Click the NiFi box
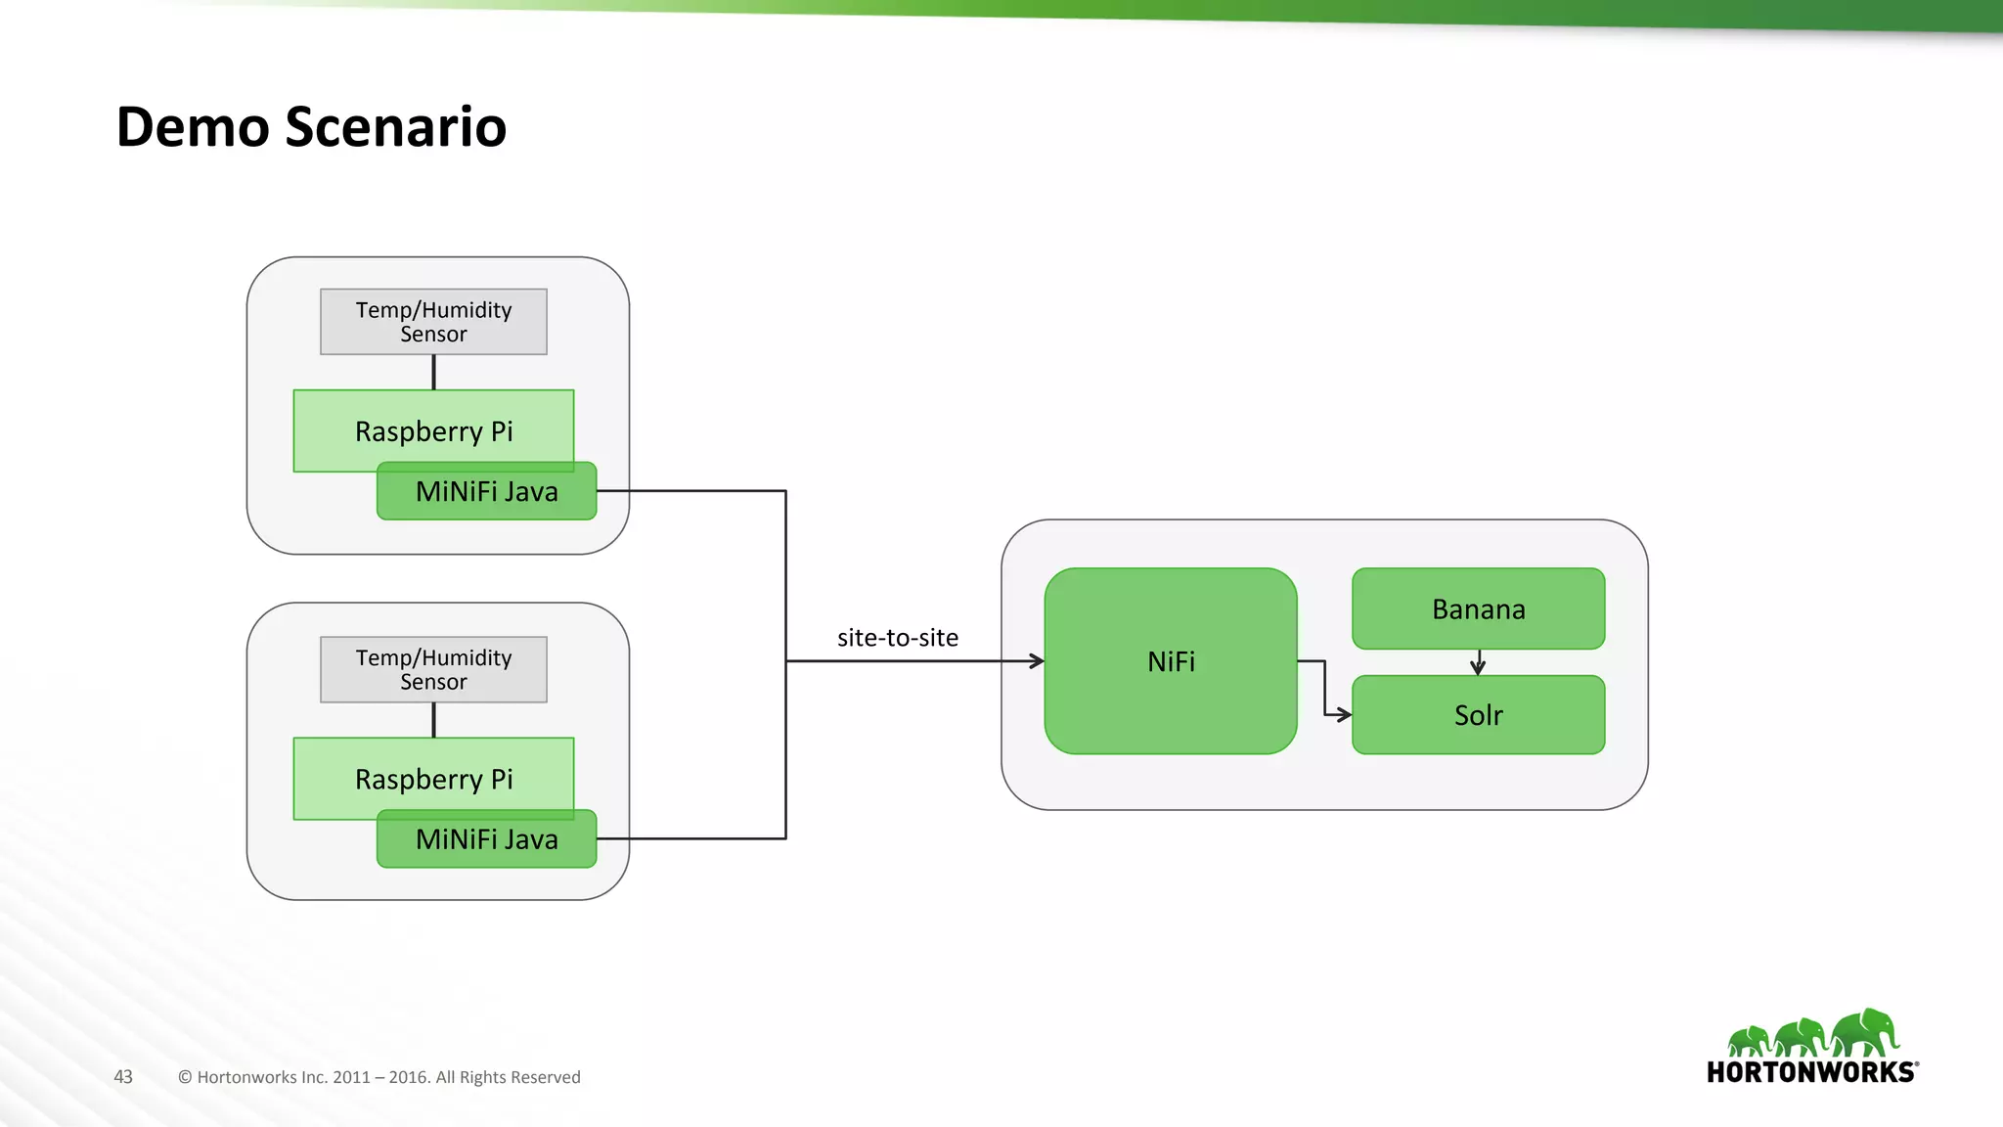(1171, 661)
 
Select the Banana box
(1478, 609)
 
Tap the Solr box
(1478, 715)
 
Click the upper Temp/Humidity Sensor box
(433, 322)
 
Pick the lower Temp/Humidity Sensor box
(433, 669)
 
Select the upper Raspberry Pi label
(433, 431)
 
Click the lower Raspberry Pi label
(433, 780)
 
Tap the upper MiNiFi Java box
(486, 491)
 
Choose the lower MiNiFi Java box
(486, 839)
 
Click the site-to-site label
(897, 638)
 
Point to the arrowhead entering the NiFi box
(1038, 661)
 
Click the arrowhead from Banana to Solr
(1478, 668)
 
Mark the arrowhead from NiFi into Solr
(1345, 715)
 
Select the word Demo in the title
(192, 127)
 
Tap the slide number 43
(123, 1077)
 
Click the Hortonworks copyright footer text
(379, 1077)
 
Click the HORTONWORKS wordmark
(1811, 1072)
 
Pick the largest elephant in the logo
(1866, 1033)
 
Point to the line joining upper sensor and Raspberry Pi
(433, 372)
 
